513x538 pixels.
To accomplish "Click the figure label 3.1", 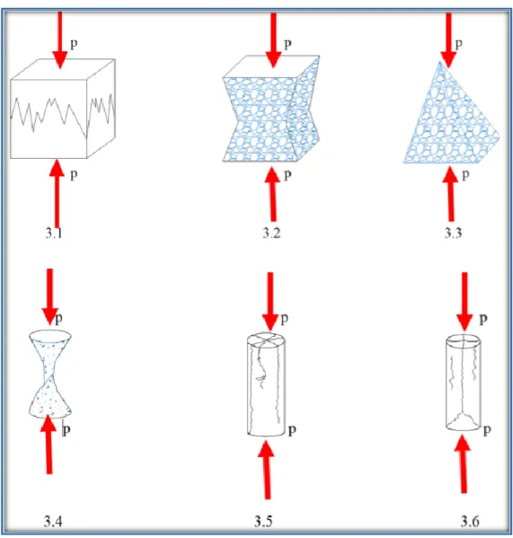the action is click(x=54, y=233).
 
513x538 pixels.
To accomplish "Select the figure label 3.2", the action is click(x=271, y=233).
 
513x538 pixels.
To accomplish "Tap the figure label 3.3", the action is click(x=453, y=233).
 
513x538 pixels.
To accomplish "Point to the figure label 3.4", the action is click(x=53, y=521).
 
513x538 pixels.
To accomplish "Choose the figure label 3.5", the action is click(x=263, y=521).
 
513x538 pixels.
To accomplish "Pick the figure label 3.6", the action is click(x=469, y=521).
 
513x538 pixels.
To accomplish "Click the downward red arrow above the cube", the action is click(x=60, y=40).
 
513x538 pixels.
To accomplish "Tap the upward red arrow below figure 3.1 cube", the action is click(x=57, y=193).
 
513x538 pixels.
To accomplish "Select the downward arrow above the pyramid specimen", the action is click(x=448, y=40).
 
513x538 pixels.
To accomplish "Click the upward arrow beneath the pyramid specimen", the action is click(x=450, y=194).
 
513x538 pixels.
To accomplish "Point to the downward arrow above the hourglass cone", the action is click(x=50, y=296).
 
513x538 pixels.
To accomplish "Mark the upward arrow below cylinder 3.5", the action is click(x=266, y=470).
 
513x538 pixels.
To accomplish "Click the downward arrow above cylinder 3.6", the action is click(x=464, y=302).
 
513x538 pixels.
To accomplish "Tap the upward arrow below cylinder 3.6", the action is click(x=464, y=463).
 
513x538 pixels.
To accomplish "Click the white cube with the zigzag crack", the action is click(x=63, y=109).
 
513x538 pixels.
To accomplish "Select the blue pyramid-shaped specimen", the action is click(x=451, y=112).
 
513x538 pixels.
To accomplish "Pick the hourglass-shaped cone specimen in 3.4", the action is click(x=50, y=374).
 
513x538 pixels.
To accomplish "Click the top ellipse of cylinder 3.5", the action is click(x=266, y=339).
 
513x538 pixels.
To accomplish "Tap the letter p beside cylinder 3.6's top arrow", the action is click(x=483, y=319).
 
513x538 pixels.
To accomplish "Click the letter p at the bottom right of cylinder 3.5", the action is click(x=292, y=430).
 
